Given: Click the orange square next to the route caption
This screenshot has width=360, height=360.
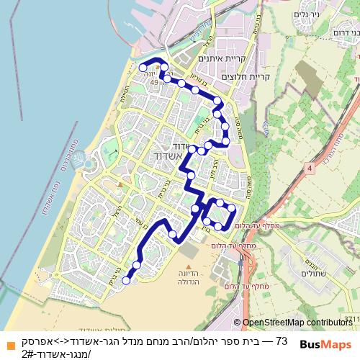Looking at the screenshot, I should click(7, 344).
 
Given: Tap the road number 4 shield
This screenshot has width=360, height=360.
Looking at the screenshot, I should click(310, 168).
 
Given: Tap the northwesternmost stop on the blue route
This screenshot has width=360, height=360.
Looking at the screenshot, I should click(143, 67).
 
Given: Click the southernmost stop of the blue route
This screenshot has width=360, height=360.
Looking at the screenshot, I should click(127, 281).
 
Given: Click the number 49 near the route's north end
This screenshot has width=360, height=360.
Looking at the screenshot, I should click(153, 83).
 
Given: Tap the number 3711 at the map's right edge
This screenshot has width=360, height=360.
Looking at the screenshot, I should click(351, 318).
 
